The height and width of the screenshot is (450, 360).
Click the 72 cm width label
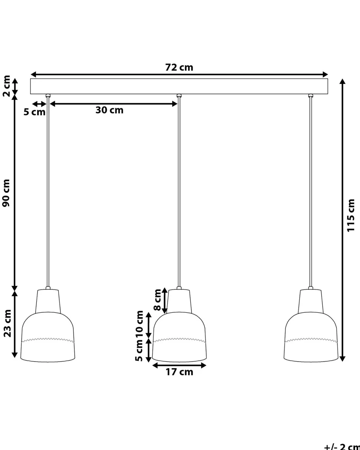coord(179,67)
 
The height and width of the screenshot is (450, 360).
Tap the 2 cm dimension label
coord(7,86)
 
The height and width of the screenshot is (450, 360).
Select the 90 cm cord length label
coord(6,193)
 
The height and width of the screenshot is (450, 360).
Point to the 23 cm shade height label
coord(7,323)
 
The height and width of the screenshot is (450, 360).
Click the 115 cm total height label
coord(351,216)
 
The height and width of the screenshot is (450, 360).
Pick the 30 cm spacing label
coord(109,110)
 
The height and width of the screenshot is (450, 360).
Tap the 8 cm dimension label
coord(157,300)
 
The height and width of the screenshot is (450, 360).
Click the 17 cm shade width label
coord(179,372)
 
